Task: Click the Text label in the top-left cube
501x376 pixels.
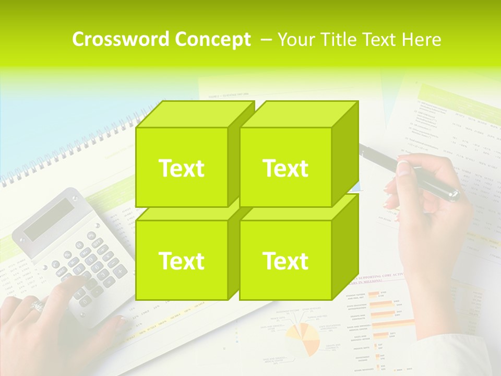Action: pyautogui.click(x=181, y=168)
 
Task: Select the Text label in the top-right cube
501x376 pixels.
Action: pyautogui.click(x=285, y=168)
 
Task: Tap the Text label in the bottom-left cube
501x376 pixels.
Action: pyautogui.click(x=181, y=261)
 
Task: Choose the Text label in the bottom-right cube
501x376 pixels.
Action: pyautogui.click(x=285, y=261)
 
